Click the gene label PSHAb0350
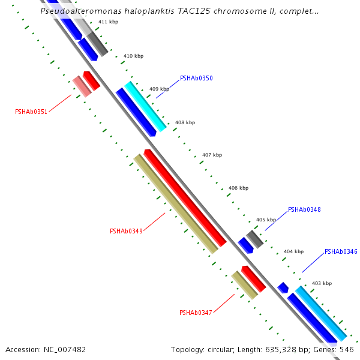tap(196, 79)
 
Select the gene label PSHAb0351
tap(31, 112)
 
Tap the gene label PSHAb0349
tap(126, 231)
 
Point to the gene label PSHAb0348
tap(304, 210)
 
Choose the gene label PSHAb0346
tap(341, 252)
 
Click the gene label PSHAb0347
tap(196, 313)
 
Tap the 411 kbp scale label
tap(108, 22)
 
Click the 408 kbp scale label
tap(185, 122)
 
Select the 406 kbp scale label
tap(238, 188)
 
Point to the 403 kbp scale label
tap(322, 283)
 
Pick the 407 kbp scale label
tap(212, 155)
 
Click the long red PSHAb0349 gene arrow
tap(185, 198)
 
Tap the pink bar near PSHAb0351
tap(82, 86)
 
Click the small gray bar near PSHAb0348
tap(255, 239)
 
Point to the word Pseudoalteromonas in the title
tap(78, 11)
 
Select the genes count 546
tap(347, 349)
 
